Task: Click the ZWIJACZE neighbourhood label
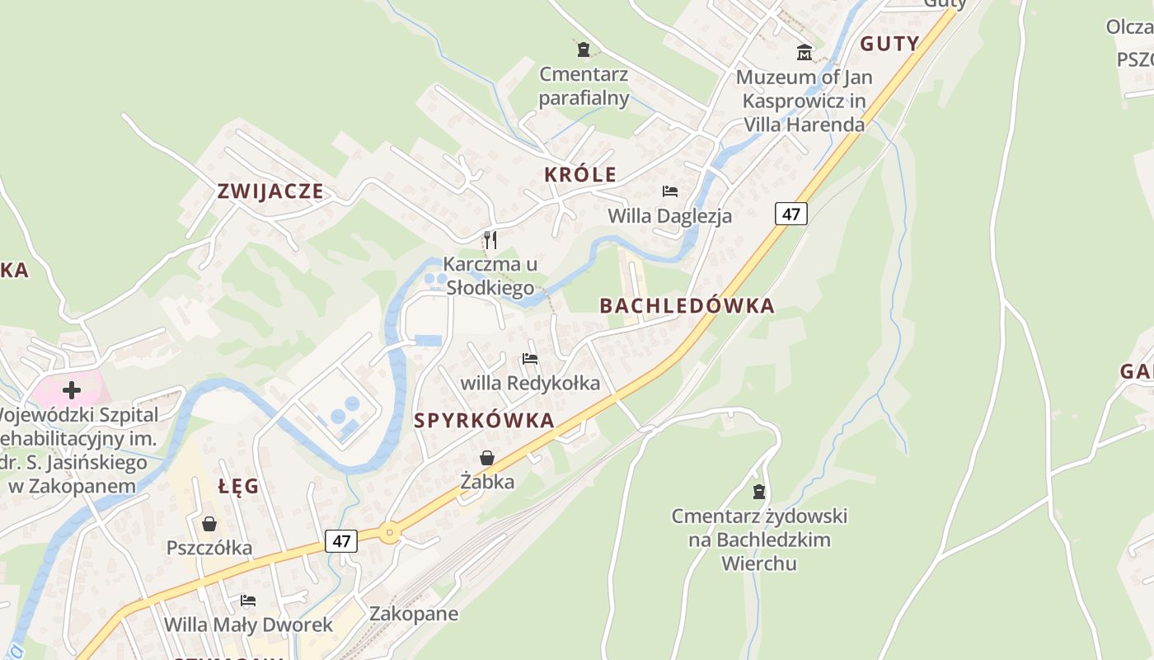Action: pyautogui.click(x=270, y=191)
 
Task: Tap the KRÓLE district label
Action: pyautogui.click(x=580, y=174)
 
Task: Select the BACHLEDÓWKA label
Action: pyautogui.click(x=687, y=306)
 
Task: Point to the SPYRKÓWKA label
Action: pyautogui.click(x=484, y=421)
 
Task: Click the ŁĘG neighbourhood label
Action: pyautogui.click(x=239, y=486)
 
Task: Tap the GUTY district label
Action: pyautogui.click(x=889, y=44)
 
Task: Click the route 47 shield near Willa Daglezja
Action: pyautogui.click(x=790, y=214)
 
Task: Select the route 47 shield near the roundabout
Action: pyautogui.click(x=341, y=541)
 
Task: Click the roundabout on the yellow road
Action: pyautogui.click(x=390, y=533)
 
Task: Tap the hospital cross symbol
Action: pyautogui.click(x=72, y=389)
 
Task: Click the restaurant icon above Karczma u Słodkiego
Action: pyautogui.click(x=490, y=240)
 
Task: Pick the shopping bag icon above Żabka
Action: pyautogui.click(x=487, y=458)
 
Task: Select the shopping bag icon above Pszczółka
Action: pyautogui.click(x=209, y=524)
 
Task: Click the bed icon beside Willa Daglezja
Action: pyautogui.click(x=670, y=191)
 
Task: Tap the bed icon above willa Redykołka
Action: pyautogui.click(x=530, y=359)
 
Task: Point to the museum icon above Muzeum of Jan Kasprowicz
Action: pyautogui.click(x=804, y=54)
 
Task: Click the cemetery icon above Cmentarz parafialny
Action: pyautogui.click(x=584, y=49)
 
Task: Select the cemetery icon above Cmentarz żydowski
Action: pyautogui.click(x=759, y=492)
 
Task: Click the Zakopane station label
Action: pyautogui.click(x=414, y=614)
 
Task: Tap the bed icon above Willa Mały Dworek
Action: pyautogui.click(x=248, y=600)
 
